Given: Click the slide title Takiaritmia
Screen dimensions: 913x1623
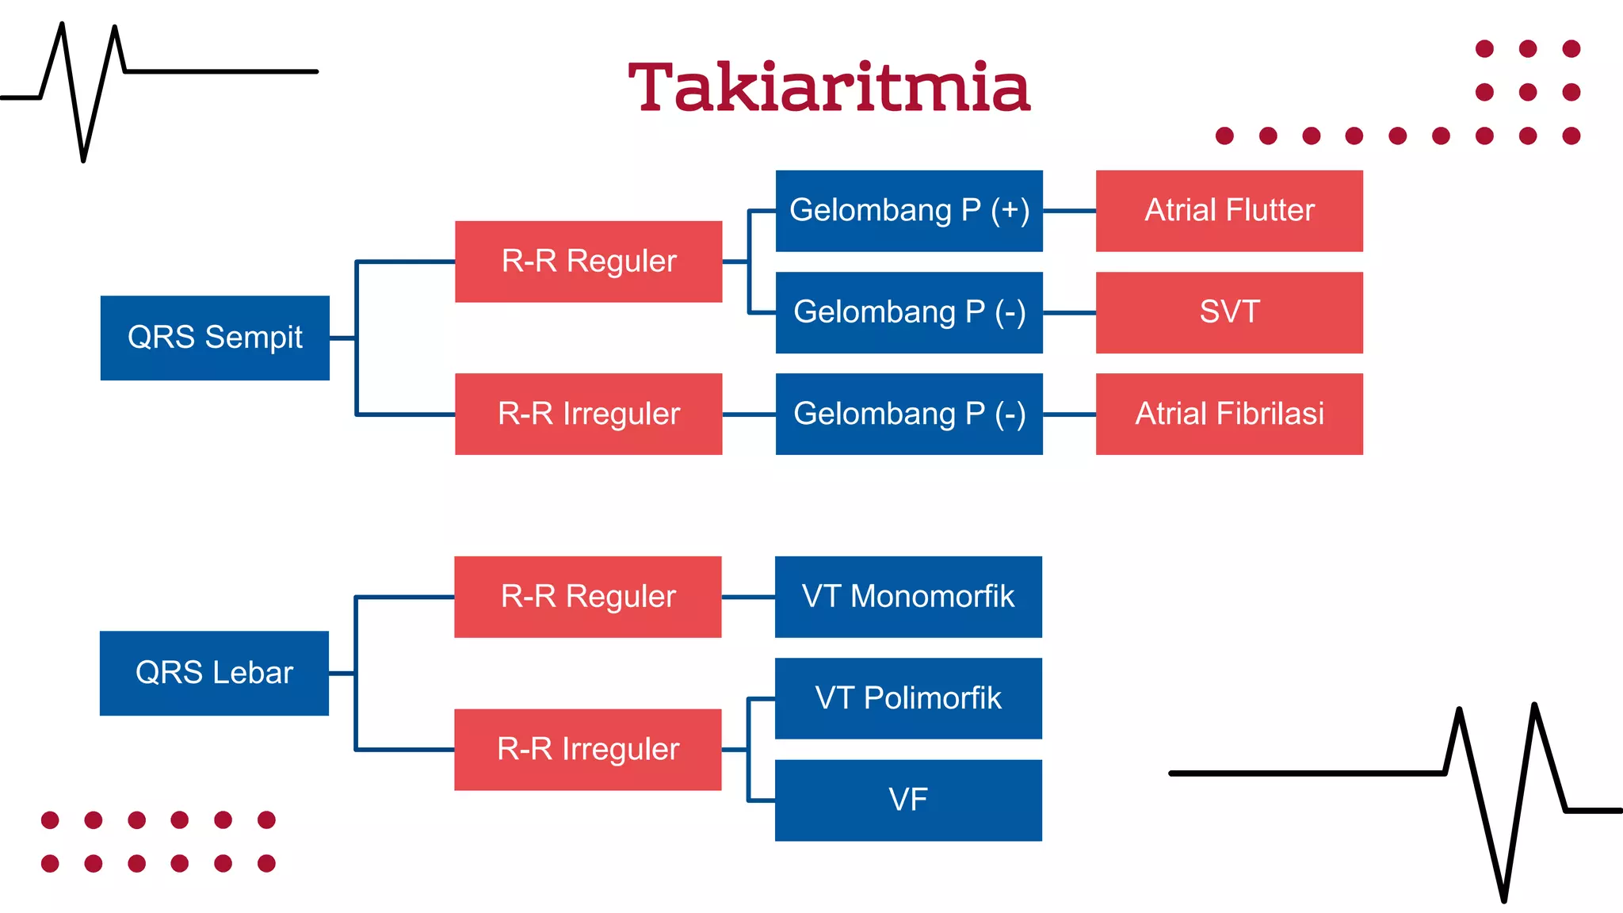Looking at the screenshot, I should [x=829, y=87].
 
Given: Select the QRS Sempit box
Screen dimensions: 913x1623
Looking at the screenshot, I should [x=215, y=338].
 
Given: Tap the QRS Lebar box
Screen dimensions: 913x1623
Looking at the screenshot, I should [x=214, y=673].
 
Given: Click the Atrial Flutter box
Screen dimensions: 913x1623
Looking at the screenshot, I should [x=1229, y=211].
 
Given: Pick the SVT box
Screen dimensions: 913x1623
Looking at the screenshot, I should [x=1229, y=312].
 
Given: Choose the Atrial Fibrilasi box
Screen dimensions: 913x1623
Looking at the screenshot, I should [x=1229, y=414].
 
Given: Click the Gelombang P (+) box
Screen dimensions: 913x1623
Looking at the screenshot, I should [x=909, y=211].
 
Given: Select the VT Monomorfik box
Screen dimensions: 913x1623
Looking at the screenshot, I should [x=908, y=597].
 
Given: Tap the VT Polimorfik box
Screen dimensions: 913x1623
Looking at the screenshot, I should [x=908, y=698].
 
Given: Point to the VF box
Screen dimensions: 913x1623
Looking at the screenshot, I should [x=908, y=800].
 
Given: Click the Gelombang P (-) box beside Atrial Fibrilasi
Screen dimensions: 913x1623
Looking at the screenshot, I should [x=909, y=414].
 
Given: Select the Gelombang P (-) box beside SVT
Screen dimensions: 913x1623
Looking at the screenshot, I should [x=909, y=312].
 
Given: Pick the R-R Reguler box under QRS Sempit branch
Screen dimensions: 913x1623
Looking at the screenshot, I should [x=588, y=262].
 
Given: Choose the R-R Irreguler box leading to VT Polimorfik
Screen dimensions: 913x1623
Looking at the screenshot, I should [x=587, y=749].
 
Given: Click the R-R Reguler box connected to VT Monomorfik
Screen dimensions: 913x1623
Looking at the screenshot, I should [x=587, y=597].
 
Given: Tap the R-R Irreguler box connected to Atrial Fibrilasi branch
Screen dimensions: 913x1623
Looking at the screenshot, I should [x=588, y=414].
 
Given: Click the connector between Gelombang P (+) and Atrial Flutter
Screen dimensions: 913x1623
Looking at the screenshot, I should [x=1069, y=211].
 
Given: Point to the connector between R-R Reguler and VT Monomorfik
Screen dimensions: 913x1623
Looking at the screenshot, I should [x=748, y=597].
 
